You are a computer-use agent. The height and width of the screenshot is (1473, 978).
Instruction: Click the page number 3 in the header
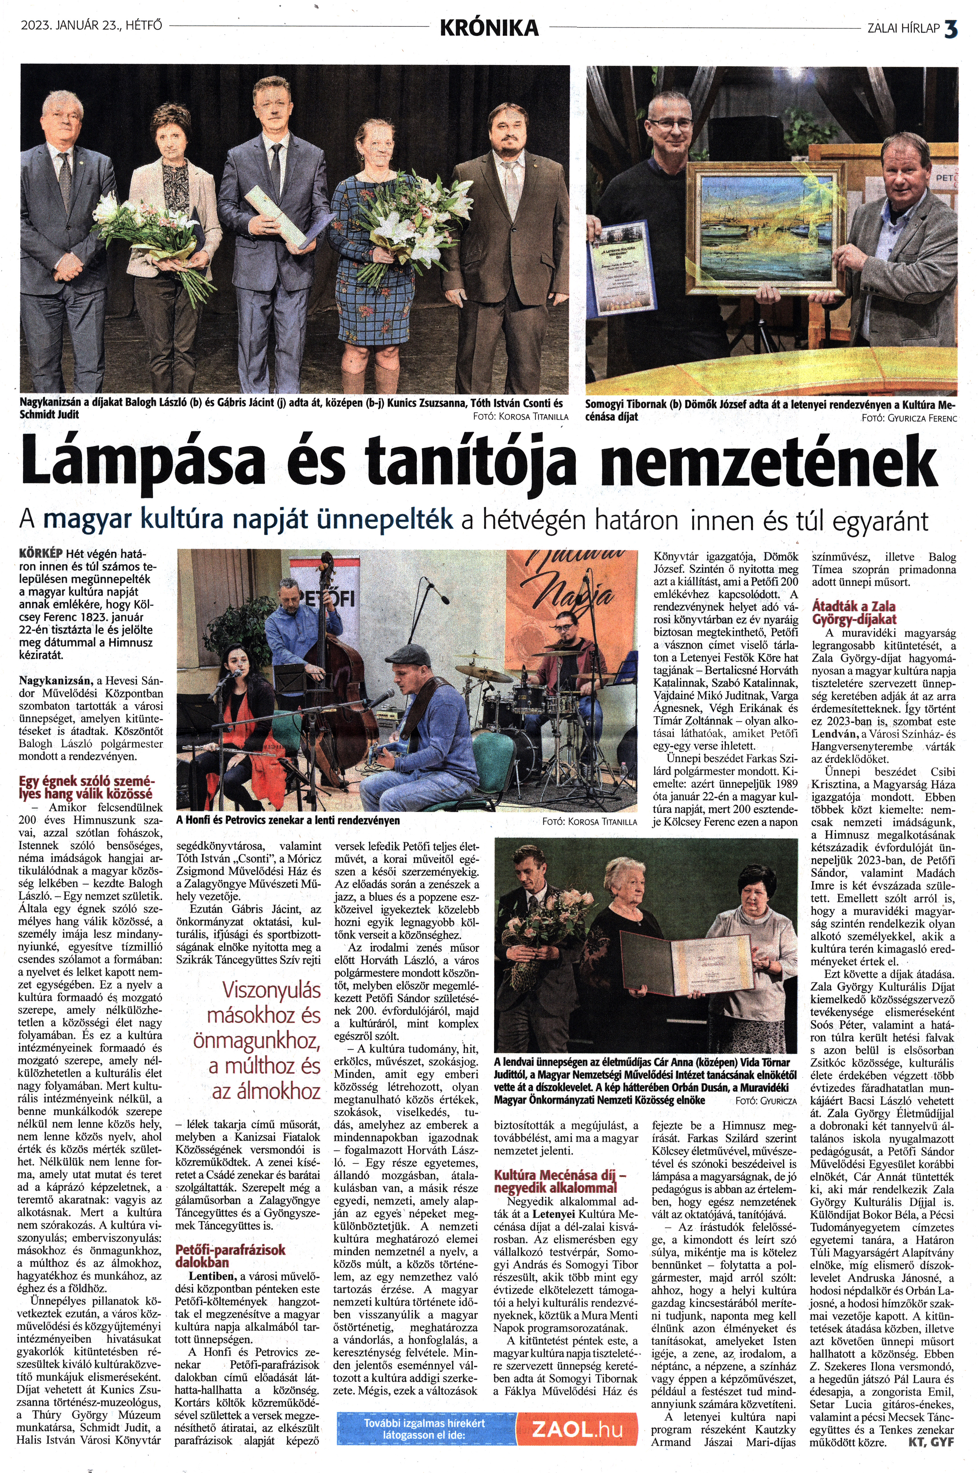pyautogui.click(x=951, y=27)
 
